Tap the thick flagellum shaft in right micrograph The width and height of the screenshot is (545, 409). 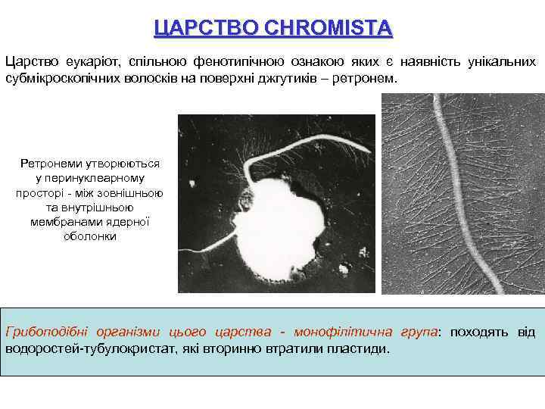coord(459,197)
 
